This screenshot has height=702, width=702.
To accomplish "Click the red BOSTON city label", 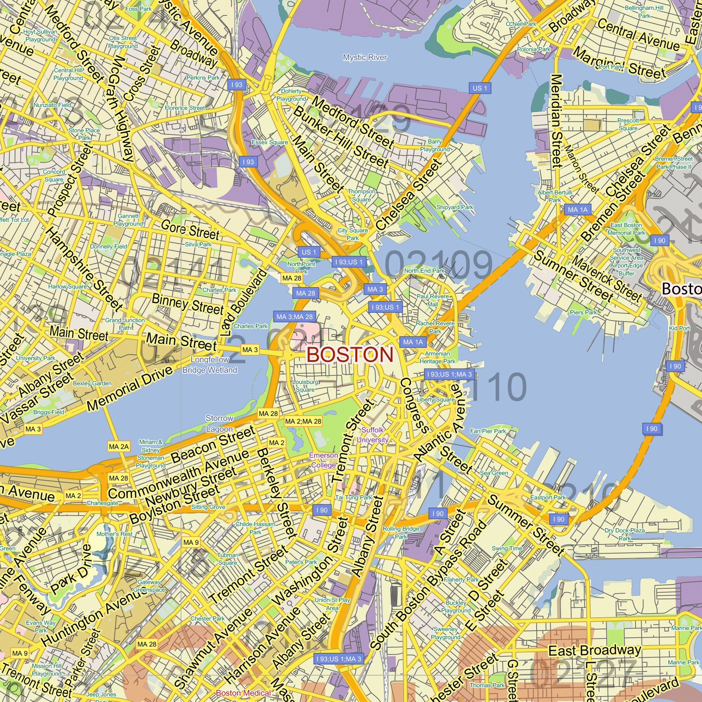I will (x=350, y=355).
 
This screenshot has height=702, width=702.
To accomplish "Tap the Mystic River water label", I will (x=365, y=58).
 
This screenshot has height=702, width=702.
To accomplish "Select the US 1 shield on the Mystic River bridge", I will (x=479, y=88).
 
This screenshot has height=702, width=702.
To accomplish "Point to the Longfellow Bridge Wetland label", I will (x=210, y=365).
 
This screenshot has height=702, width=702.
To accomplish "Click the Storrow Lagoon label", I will (x=219, y=423).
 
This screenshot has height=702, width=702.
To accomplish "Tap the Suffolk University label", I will (x=372, y=435).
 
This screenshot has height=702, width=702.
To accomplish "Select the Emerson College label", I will (x=323, y=460).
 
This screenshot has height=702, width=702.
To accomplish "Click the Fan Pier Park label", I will (x=488, y=431).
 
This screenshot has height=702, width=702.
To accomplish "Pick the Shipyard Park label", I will (x=455, y=207).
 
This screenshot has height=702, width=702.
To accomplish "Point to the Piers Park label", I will (x=583, y=312).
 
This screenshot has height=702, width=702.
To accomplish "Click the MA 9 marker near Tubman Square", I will (x=191, y=543).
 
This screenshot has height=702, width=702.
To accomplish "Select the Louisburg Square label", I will (x=305, y=386).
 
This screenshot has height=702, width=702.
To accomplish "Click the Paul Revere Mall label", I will (x=432, y=300).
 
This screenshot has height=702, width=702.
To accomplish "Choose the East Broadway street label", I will (x=595, y=651).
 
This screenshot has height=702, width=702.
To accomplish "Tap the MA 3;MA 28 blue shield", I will (x=294, y=317).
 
